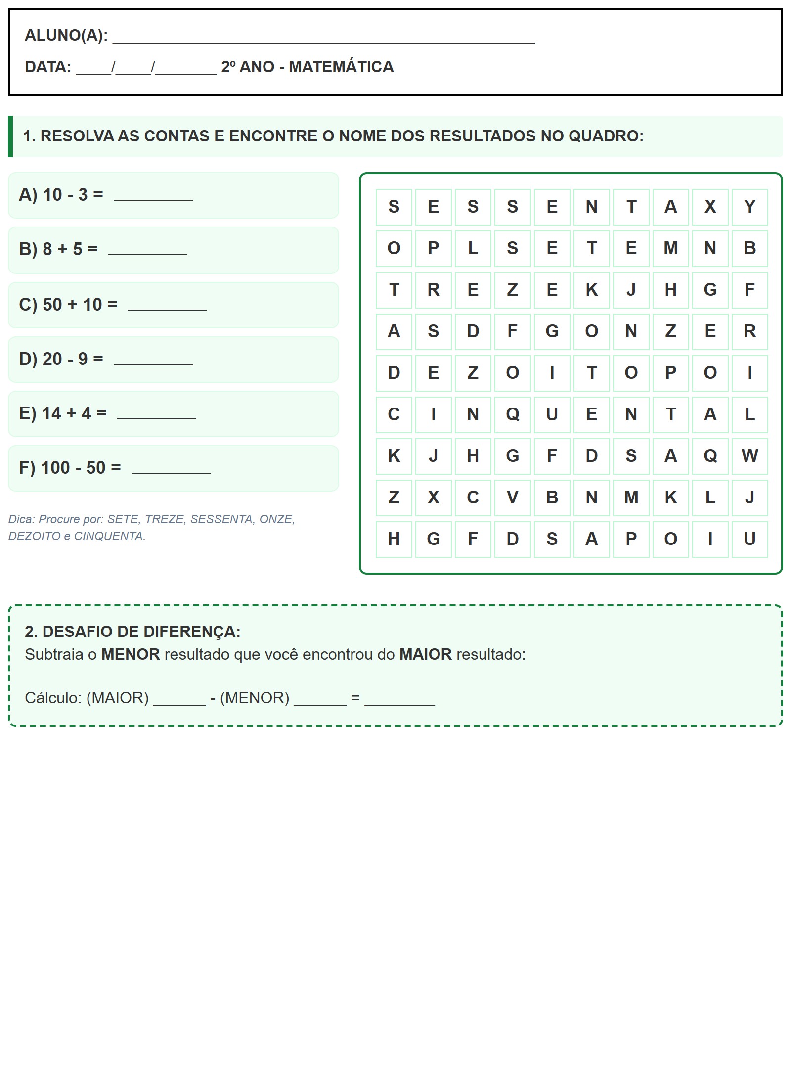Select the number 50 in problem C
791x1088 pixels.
click(x=52, y=305)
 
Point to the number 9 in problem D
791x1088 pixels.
click(x=83, y=359)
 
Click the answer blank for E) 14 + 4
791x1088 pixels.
click(x=156, y=414)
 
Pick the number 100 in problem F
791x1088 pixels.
click(x=55, y=468)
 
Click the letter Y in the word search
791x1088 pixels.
click(x=749, y=207)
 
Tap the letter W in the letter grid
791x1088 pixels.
click(x=749, y=456)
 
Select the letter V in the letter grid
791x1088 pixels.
click(x=512, y=498)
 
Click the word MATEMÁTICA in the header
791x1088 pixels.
click(x=341, y=67)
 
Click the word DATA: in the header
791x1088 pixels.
click(x=48, y=67)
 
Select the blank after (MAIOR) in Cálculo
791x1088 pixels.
click(x=179, y=699)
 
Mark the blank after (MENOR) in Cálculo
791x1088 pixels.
click(x=320, y=699)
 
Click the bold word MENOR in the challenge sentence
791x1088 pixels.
click(x=131, y=655)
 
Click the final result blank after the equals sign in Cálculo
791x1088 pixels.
click(x=399, y=699)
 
